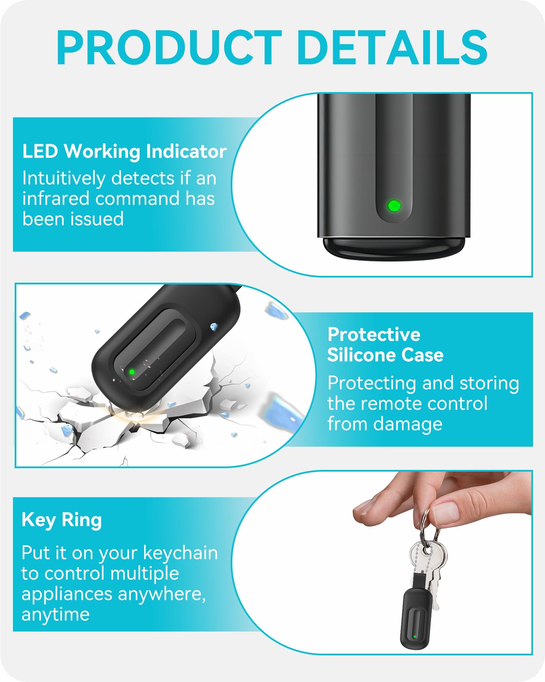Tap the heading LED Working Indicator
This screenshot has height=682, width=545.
124,151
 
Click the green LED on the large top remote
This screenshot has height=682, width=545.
394,206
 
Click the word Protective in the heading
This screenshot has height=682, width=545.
374,334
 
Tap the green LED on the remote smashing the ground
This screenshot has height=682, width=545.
131,372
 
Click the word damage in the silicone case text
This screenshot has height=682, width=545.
408,425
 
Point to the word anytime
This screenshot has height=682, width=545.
56,614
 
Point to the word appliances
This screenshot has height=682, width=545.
67,594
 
